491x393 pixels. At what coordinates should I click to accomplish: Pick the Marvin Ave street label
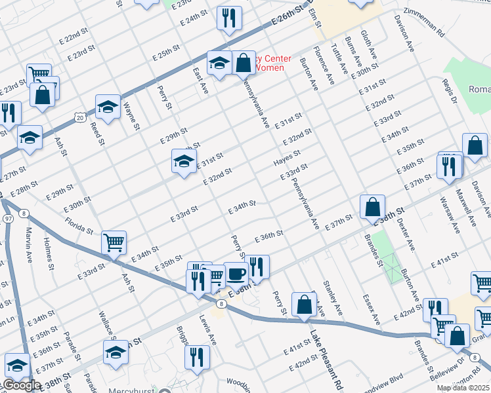[28, 242]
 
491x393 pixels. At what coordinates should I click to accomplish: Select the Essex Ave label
[371, 309]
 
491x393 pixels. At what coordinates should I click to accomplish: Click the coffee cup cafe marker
[236, 272]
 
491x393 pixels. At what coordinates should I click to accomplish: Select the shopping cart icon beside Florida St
[114, 242]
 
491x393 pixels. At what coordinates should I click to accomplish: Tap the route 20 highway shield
[79, 117]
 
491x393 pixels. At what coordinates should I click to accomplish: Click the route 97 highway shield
[8, 217]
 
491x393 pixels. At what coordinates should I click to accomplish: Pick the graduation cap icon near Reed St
[108, 106]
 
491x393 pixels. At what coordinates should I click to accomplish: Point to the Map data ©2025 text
[462, 388]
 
